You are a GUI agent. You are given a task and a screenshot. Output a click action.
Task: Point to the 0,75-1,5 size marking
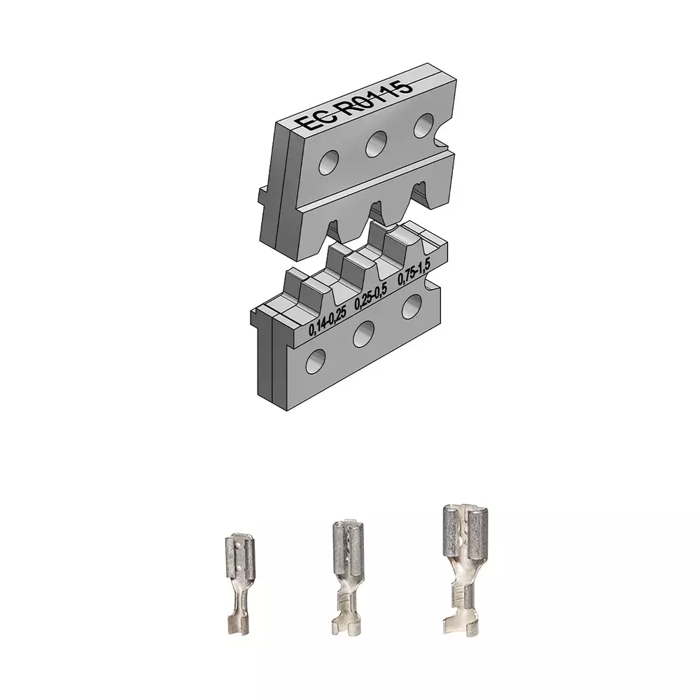click(x=414, y=272)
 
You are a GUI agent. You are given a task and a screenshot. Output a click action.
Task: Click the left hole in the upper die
click(x=329, y=162)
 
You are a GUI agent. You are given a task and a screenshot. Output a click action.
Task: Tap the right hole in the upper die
click(x=423, y=125)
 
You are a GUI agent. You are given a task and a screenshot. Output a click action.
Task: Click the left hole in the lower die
click(x=316, y=361)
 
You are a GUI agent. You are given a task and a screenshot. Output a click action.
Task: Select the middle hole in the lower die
click(x=364, y=335)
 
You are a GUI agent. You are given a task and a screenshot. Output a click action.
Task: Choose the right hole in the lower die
click(x=412, y=307)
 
